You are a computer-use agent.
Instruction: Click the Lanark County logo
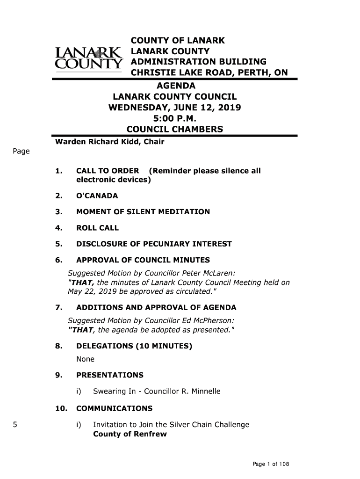coord(88,59)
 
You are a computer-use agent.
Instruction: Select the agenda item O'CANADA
coord(97,196)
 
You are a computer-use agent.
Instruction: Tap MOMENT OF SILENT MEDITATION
coord(143,212)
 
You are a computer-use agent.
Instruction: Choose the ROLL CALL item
coord(97,228)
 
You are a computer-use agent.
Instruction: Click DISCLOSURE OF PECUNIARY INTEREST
coord(154,244)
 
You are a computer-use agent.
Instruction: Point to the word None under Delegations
coord(85,359)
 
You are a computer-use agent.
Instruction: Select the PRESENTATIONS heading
coord(109,375)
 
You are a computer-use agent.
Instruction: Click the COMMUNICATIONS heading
coord(114,408)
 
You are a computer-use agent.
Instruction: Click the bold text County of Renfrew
coord(130,434)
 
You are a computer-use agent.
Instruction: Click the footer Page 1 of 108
coord(271,464)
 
